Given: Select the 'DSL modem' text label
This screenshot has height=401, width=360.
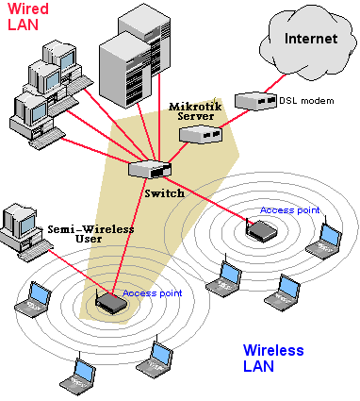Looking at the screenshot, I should [306, 100].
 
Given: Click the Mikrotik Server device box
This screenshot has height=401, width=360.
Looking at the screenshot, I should [201, 134].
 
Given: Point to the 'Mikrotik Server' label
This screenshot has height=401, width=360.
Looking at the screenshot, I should [197, 111].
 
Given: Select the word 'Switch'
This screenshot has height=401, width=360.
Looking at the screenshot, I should [165, 192].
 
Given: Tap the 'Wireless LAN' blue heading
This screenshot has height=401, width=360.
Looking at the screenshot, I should [273, 358].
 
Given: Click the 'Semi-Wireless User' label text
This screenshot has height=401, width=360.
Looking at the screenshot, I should [90, 235].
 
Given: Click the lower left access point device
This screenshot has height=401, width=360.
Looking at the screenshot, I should [110, 303].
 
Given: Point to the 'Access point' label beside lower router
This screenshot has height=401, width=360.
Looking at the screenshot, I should [154, 293].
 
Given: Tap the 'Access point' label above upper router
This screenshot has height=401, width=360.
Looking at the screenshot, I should [289, 210].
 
